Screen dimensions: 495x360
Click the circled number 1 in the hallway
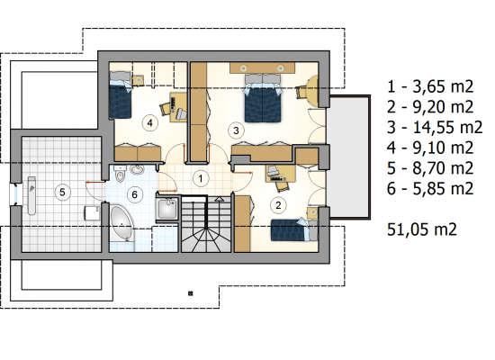click(201, 179)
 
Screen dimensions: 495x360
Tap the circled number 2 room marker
click(278, 205)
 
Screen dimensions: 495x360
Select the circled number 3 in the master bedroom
click(236, 130)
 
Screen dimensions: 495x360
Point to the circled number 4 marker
click(149, 122)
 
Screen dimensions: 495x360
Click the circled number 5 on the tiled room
click(62, 192)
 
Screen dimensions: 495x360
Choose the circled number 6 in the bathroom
click(134, 194)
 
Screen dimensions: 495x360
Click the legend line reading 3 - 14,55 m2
click(435, 127)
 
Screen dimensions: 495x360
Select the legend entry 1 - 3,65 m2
click(430, 86)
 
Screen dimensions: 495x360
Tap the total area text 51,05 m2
click(422, 229)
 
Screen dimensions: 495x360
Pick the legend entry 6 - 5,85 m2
click(430, 188)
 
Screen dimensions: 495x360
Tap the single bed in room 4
click(120, 94)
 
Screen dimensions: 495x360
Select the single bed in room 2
click(294, 229)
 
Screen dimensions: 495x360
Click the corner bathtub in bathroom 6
click(121, 224)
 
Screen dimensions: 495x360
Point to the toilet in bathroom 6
click(121, 175)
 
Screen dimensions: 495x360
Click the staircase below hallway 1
click(207, 223)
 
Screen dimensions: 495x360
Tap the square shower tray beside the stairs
click(167, 208)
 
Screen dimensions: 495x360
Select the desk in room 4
click(177, 107)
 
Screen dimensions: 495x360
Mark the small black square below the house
click(191, 293)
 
